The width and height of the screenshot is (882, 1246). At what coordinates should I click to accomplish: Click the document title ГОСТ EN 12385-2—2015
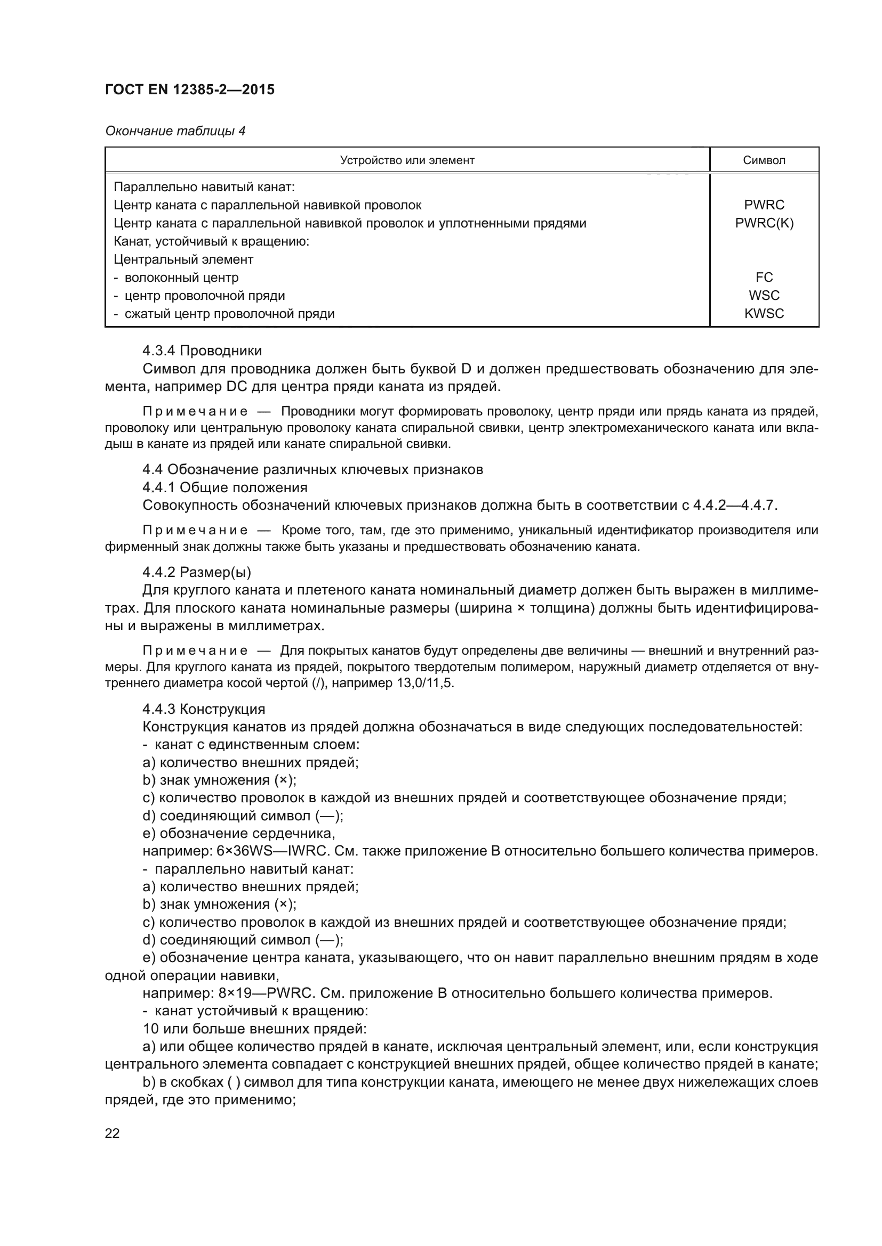coord(189,89)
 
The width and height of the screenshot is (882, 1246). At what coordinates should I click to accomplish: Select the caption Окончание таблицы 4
coord(175,131)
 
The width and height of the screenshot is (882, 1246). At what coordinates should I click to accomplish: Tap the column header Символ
coord(764,160)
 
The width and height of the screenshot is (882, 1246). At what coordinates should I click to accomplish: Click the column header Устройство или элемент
coord(407,160)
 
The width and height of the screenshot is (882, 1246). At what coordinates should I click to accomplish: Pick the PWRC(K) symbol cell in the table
coord(764,223)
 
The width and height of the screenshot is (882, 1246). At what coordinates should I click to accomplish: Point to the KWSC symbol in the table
coord(764,314)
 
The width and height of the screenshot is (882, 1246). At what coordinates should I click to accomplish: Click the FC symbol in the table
coord(764,278)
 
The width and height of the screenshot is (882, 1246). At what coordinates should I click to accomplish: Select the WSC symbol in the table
coord(764,295)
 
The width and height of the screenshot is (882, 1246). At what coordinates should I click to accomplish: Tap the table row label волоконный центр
coord(181,278)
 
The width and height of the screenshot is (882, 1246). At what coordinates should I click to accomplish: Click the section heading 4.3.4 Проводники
coord(202,351)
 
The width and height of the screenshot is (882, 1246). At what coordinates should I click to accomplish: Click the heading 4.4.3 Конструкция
coord(204,708)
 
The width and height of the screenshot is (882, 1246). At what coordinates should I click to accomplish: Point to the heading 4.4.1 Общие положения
coord(225,487)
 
